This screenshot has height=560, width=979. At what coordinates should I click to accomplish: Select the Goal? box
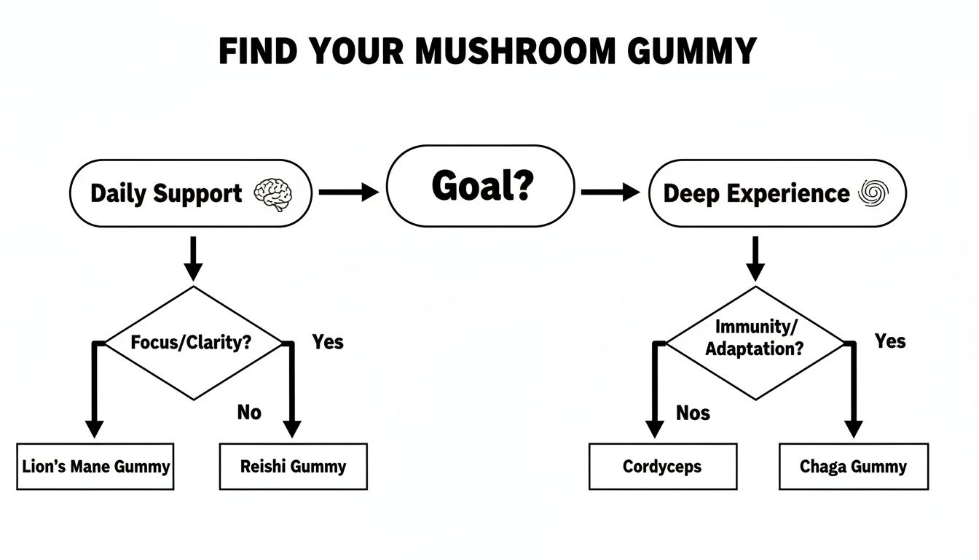click(x=480, y=187)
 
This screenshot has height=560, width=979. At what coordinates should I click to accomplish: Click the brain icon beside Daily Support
click(x=273, y=193)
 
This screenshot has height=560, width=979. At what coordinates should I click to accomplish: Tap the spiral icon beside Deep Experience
click(x=873, y=192)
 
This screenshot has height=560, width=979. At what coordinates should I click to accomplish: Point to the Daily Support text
click(x=166, y=194)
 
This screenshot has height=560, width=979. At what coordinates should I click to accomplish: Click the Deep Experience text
click(x=756, y=194)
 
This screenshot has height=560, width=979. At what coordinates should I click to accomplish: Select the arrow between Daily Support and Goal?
click(x=349, y=192)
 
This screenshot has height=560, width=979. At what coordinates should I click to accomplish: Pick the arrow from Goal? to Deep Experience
click(x=610, y=192)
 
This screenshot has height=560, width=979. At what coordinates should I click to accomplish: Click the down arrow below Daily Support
click(x=192, y=258)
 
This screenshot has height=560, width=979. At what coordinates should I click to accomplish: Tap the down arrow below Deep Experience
click(x=755, y=258)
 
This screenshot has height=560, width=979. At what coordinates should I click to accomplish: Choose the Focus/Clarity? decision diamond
click(x=193, y=342)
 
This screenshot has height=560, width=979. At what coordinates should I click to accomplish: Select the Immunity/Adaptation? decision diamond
click(x=755, y=342)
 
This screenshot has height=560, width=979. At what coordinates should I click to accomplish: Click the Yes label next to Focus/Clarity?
click(x=328, y=341)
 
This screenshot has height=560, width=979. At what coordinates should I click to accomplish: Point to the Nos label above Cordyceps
click(x=693, y=413)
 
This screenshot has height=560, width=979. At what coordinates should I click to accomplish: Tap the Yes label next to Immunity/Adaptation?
click(x=890, y=341)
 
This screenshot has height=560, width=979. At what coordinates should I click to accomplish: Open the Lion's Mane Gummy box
click(x=95, y=467)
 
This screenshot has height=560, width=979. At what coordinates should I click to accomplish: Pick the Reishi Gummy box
click(x=294, y=467)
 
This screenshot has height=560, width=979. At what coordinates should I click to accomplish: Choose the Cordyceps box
click(x=662, y=467)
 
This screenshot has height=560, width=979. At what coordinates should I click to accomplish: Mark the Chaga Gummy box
click(x=853, y=467)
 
